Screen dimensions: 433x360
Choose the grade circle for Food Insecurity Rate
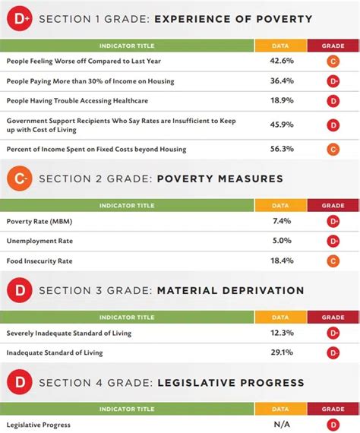pyautogui.click(x=333, y=261)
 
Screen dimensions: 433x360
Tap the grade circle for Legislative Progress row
pyautogui.click(x=333, y=425)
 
